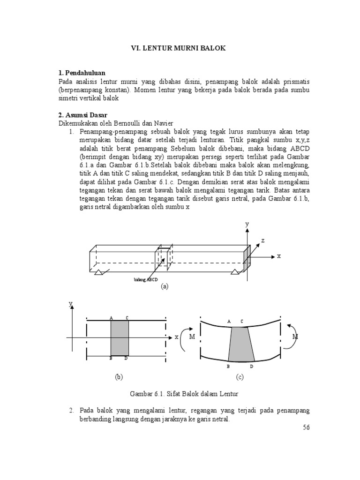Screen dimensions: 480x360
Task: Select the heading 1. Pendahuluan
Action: click(x=82, y=73)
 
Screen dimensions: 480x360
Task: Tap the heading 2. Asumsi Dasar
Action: click(x=83, y=115)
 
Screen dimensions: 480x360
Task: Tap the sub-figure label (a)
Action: click(x=164, y=286)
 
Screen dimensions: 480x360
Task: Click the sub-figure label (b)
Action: click(x=119, y=376)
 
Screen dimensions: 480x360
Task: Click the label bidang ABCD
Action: click(x=146, y=280)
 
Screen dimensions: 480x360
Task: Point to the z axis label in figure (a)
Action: click(x=263, y=240)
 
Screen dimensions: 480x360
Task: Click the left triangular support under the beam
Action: click(x=99, y=272)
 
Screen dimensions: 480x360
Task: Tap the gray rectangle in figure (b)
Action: click(x=120, y=338)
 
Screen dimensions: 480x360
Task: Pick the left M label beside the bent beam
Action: click(x=191, y=337)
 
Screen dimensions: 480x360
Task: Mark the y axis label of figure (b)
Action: click(x=71, y=304)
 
